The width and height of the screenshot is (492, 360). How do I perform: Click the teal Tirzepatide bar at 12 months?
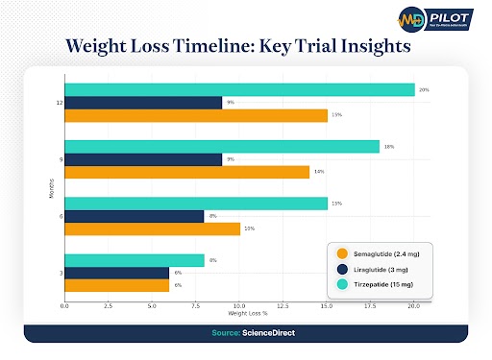239,89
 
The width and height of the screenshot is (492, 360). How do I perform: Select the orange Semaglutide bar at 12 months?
196,115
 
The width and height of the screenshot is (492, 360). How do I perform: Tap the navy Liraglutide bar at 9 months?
143,159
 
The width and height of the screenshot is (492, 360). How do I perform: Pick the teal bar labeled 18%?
222,146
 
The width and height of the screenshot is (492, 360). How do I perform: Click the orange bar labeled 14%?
186,172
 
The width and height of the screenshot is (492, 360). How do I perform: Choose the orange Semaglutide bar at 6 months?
152,228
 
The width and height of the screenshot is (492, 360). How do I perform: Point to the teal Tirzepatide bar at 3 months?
135,260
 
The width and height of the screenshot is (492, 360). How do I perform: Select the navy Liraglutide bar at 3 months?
116,273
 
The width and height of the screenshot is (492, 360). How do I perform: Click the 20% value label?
423,89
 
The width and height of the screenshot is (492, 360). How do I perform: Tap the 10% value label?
248,228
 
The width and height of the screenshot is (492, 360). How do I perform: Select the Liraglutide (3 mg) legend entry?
377,271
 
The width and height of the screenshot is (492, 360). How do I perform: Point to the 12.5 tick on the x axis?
283,307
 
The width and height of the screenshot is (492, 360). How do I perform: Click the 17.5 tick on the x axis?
370,307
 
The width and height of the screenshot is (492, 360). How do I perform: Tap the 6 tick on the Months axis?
61,216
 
